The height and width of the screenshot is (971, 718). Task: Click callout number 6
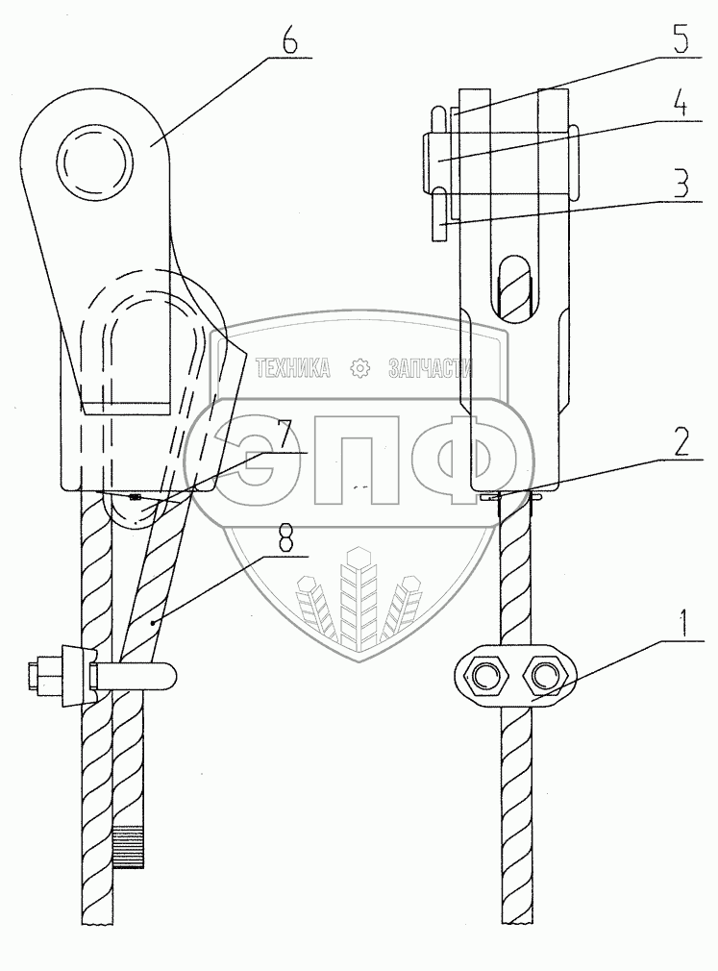pos(289,43)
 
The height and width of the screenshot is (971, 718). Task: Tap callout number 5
pos(680,42)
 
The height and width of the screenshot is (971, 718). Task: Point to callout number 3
pos(680,183)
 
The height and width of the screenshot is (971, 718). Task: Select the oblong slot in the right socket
pos(516,286)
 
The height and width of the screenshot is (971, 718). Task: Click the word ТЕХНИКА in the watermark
pos(292,367)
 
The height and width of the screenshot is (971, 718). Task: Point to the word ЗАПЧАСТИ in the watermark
pos(429,367)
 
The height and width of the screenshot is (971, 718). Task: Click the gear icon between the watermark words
pos(359,367)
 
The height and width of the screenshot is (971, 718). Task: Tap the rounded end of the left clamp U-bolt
pos(163,675)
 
